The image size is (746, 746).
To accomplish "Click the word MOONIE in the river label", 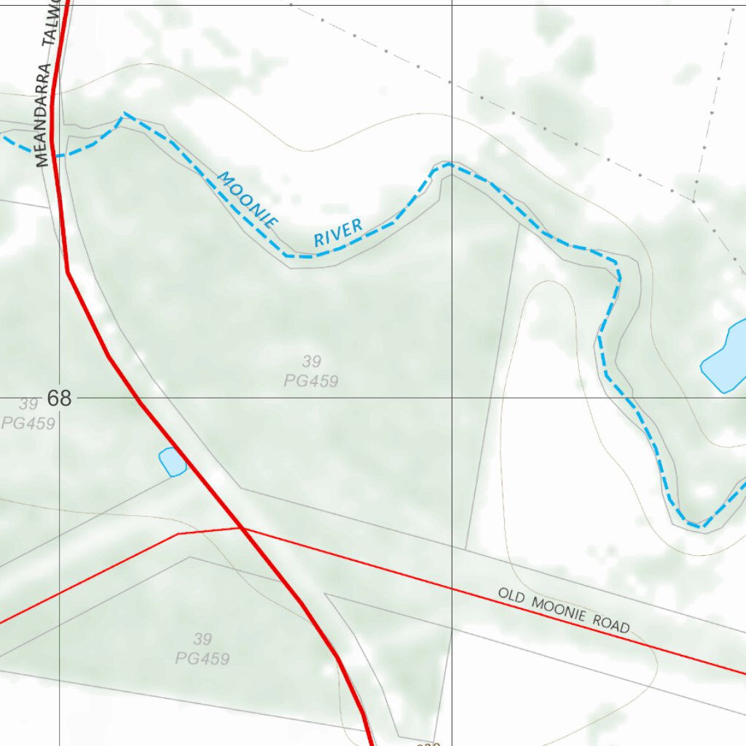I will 247,200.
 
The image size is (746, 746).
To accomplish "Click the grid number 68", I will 59,398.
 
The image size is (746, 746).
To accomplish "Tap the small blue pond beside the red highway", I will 172,462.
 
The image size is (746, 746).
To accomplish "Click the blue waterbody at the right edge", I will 726,356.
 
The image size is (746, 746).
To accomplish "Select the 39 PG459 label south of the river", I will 311,371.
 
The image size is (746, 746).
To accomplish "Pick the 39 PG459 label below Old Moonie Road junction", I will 203,648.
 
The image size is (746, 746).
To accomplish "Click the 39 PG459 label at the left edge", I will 28,413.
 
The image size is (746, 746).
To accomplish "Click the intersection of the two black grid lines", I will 452,398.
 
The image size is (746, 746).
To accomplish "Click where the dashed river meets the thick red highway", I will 55,155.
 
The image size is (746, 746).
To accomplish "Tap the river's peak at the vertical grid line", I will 448,165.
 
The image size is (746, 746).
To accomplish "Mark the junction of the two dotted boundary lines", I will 694,200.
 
